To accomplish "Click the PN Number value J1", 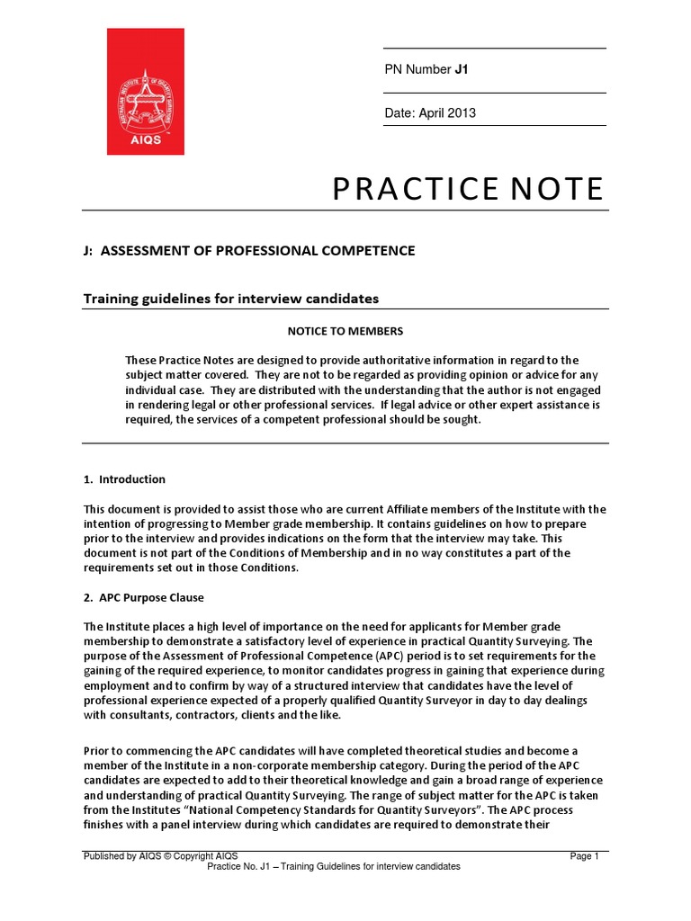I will [462, 70].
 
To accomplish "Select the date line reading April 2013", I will [430, 113].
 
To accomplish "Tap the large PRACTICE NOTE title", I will [467, 189].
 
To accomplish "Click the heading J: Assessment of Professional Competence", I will [249, 251].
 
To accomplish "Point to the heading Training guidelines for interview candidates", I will [231, 298].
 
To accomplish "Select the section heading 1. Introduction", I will [124, 479].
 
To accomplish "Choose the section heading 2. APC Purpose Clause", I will [144, 597].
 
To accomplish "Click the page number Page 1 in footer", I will [584, 856].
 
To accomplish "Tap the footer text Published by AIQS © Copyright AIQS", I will [159, 856].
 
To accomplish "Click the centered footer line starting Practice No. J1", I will [334, 866].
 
